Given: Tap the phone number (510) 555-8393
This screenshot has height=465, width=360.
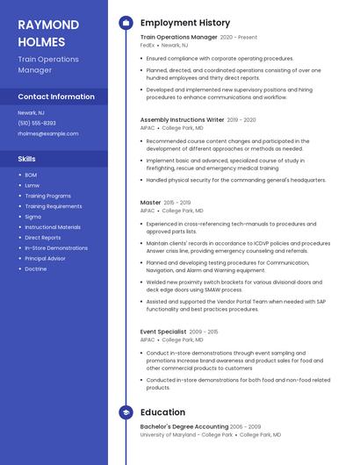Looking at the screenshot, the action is click(36, 123).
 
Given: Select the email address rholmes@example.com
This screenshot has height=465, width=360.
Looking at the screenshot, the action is click(47, 133).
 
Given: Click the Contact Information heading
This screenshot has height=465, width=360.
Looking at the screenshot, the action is click(55, 97).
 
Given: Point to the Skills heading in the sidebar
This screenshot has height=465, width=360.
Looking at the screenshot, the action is click(26, 159).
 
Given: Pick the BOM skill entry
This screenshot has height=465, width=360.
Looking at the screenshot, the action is click(31, 175).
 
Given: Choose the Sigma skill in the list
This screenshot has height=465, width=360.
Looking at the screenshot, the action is click(32, 216).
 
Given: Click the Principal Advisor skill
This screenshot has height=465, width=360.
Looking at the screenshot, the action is click(46, 258).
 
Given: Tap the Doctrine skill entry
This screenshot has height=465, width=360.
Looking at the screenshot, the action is click(36, 268).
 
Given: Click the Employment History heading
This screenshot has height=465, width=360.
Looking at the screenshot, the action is click(184, 23).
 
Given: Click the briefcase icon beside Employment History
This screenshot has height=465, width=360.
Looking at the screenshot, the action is click(126, 23).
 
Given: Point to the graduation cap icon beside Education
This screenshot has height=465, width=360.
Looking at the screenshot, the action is click(126, 411).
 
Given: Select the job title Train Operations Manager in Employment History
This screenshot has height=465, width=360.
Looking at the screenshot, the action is click(178, 38).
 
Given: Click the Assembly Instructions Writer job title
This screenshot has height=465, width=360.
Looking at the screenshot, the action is click(182, 119).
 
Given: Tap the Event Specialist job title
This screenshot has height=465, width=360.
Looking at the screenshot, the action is click(162, 332).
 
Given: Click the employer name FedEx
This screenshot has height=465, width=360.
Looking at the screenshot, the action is click(148, 45).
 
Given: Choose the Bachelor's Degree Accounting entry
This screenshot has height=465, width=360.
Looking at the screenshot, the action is click(184, 426).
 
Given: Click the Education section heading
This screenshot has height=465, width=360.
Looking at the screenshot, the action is click(162, 411).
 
